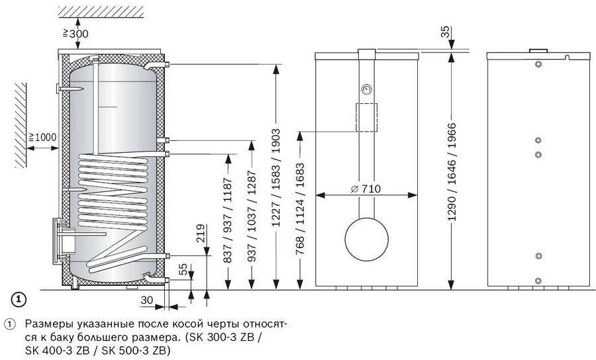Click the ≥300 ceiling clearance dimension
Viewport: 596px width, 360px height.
(75, 34)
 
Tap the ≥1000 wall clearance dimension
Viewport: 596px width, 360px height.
(42, 137)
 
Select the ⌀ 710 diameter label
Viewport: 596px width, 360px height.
(366, 189)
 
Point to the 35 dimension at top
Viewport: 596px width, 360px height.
(446, 32)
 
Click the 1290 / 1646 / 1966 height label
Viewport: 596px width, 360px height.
(452, 172)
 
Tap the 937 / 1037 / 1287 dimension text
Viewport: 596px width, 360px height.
(252, 216)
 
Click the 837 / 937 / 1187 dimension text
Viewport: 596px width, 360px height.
(227, 220)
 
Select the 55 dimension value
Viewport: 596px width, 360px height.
(183, 269)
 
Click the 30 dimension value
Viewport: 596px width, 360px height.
(147, 300)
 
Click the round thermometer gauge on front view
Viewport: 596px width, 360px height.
(366, 89)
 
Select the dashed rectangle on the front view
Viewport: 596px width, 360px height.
(366, 117)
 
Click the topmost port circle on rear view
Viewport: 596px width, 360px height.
(538, 64)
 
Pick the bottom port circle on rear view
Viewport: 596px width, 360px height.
(538, 281)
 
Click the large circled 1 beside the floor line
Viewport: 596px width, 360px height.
(19, 299)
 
